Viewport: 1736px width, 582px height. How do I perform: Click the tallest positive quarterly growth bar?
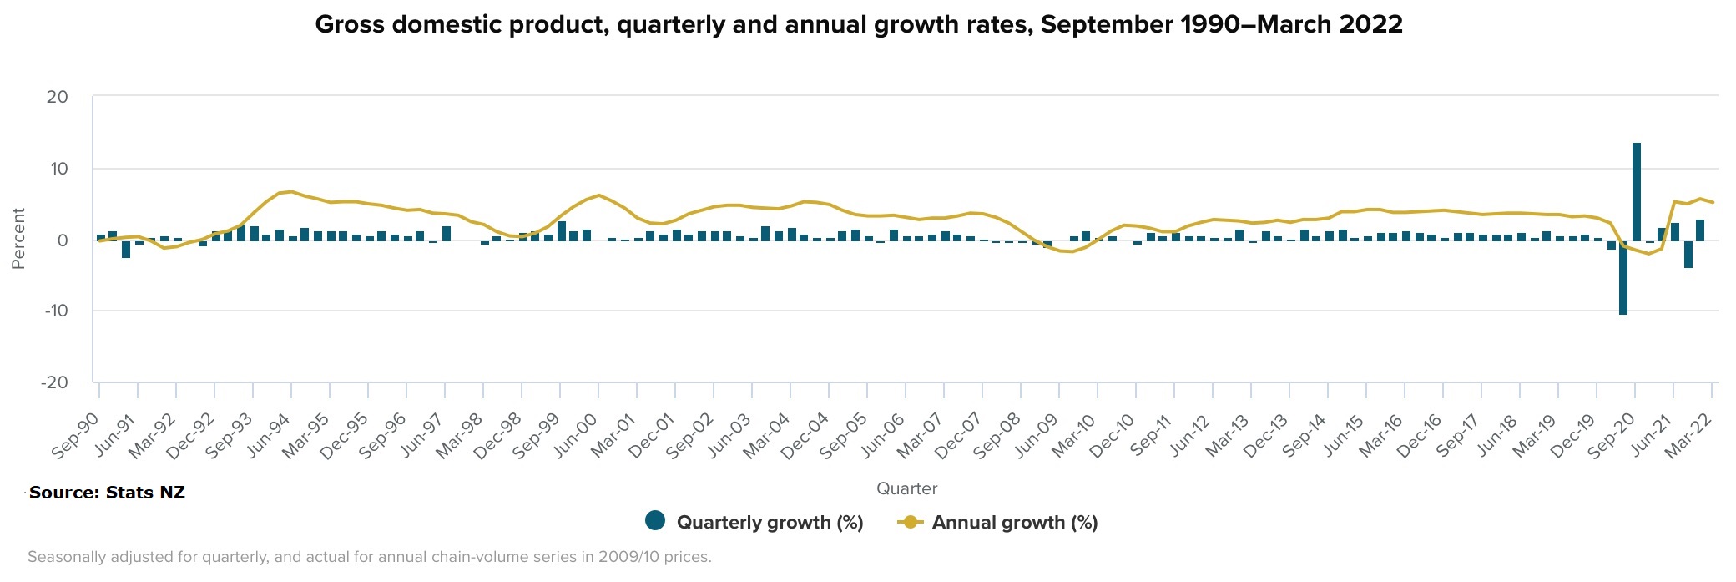1637,191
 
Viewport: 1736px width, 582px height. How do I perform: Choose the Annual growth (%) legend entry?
997,522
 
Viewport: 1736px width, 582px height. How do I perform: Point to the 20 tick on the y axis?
58,97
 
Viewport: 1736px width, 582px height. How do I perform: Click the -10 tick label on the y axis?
55,311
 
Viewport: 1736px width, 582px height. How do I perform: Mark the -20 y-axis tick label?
55,382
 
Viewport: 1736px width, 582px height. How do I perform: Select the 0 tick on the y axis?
63,240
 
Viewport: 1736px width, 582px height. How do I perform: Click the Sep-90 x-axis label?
75,436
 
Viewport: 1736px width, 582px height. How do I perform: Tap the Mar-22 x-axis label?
1688,436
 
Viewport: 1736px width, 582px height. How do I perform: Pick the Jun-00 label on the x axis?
576,436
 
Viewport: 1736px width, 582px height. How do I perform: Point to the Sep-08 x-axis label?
997,436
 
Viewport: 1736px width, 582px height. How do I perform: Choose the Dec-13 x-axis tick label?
1266,436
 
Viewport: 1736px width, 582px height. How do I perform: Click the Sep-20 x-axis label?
1612,436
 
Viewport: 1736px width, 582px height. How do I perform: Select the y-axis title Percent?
18,239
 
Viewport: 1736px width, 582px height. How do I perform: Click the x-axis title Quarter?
906,488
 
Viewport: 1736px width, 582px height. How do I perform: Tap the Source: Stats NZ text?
107,493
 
